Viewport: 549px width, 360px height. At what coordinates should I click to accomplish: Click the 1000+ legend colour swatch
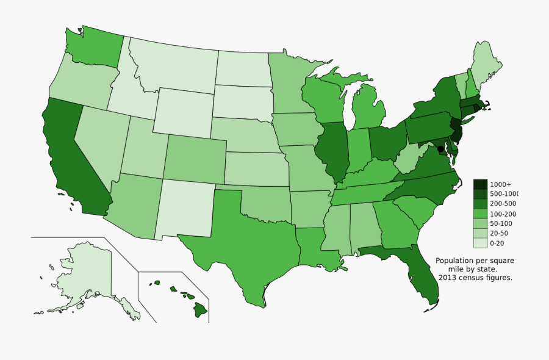(x=480, y=184)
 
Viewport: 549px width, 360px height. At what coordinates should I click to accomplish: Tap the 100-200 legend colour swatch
(x=480, y=214)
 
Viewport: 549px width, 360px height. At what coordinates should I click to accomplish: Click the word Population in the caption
(x=454, y=261)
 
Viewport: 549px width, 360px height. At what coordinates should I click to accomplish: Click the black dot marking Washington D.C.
(x=439, y=148)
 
